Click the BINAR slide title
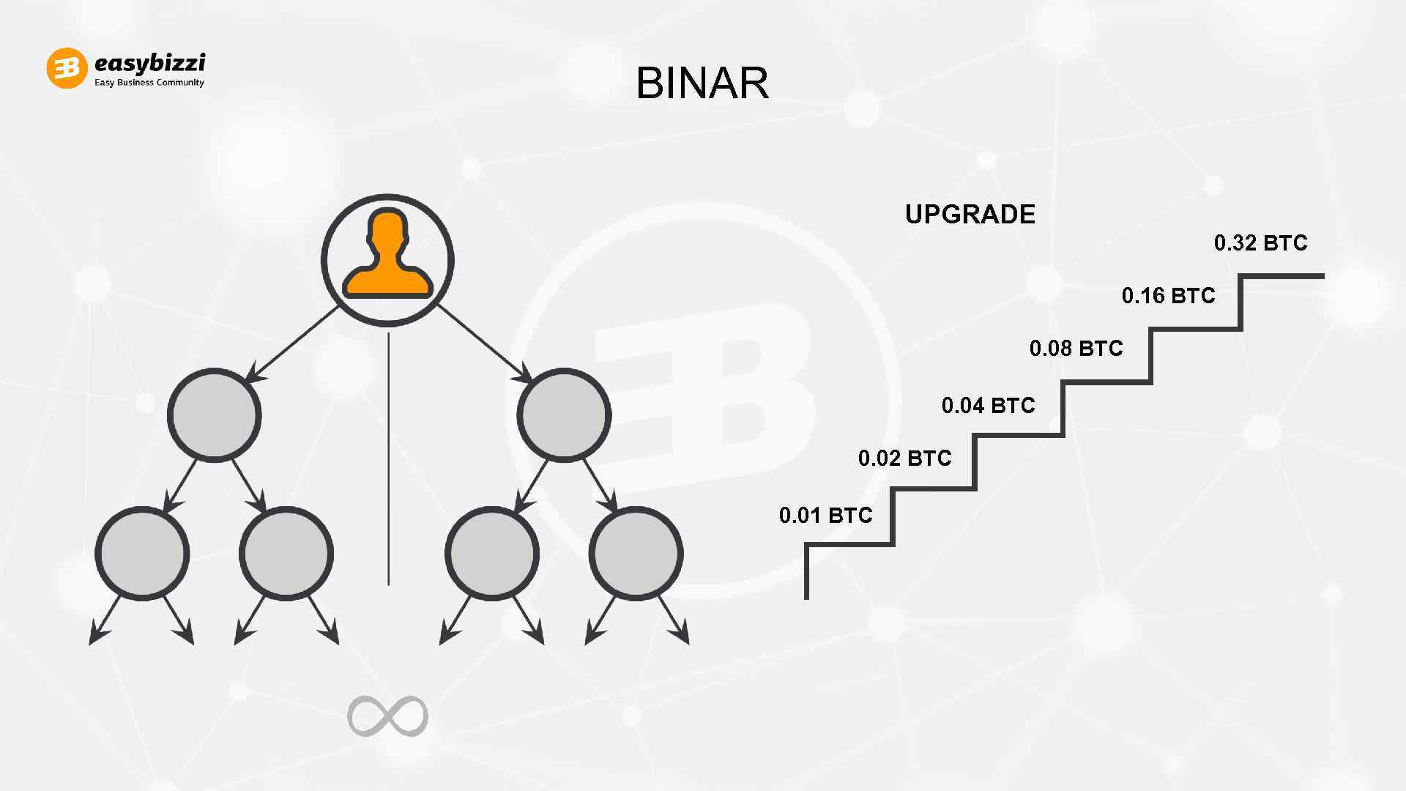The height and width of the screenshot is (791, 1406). (x=702, y=83)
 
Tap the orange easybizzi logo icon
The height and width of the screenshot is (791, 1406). (x=67, y=68)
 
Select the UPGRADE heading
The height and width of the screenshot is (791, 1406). (x=970, y=215)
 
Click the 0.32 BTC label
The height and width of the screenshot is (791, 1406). (x=1260, y=243)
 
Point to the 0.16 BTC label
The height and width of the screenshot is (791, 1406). (x=1168, y=296)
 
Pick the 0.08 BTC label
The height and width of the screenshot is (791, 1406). (x=1076, y=348)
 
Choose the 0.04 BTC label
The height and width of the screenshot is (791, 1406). (x=988, y=406)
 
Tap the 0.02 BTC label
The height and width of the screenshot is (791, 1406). (x=904, y=458)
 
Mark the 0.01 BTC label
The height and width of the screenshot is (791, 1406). (x=825, y=516)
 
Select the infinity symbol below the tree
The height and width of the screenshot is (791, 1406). (x=387, y=716)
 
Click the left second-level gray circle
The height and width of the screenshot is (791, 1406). (x=214, y=415)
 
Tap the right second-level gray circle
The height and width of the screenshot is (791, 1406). (x=564, y=415)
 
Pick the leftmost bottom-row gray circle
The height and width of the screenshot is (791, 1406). (x=142, y=554)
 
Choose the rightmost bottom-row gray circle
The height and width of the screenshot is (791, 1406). (x=636, y=554)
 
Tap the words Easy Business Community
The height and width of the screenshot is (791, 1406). (x=149, y=83)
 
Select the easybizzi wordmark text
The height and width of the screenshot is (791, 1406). (x=149, y=63)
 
